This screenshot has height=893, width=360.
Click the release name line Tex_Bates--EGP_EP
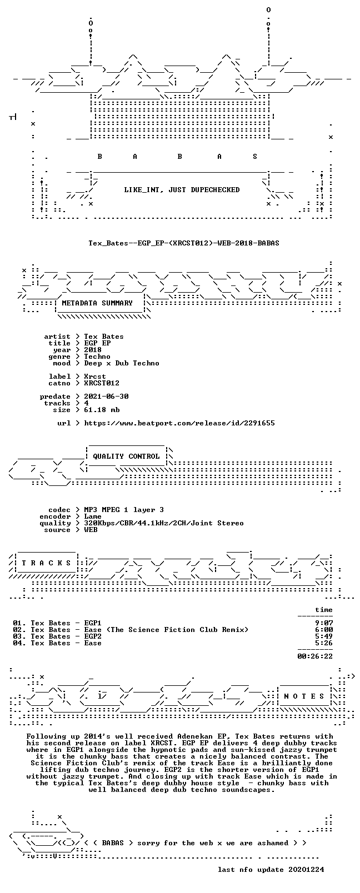coord(184,243)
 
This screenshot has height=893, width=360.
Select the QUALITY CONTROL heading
coord(126,456)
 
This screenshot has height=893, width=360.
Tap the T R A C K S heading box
coord(46,563)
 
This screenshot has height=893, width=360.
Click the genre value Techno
coord(97,357)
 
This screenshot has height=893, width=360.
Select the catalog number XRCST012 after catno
coord(102,384)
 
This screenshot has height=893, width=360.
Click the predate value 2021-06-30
coord(106,397)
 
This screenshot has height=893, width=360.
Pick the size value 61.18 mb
coord(102,410)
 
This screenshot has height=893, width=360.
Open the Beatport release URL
coord(179,423)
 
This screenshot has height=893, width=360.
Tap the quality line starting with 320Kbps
coord(164,524)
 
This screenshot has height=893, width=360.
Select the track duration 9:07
coord(324,623)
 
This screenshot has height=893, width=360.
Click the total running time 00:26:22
coord(315,656)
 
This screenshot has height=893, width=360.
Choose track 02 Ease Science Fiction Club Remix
coord(131,630)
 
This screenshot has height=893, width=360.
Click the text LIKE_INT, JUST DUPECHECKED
coord(182,190)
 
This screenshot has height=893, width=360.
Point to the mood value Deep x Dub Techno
coord(122,364)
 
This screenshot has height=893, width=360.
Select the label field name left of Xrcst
coord(59,377)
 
